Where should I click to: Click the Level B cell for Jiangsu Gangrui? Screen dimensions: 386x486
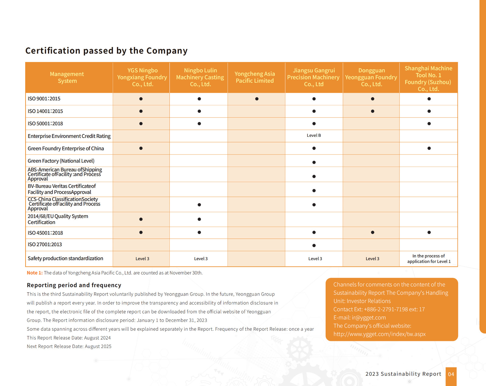(x=314, y=136)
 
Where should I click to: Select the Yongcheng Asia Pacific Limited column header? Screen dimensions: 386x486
(x=255, y=78)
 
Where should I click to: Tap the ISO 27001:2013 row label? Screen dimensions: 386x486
(x=45, y=245)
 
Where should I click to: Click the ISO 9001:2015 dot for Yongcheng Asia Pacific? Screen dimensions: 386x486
(x=257, y=99)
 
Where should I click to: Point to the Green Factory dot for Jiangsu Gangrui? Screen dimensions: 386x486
(x=314, y=162)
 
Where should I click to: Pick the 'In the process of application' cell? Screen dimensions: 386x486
(x=429, y=259)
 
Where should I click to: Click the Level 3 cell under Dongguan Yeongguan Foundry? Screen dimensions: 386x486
(x=372, y=259)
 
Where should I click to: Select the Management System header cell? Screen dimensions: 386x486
(x=67, y=78)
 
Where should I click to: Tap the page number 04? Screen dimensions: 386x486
(x=451, y=374)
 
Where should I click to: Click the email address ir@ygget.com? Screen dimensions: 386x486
(x=369, y=318)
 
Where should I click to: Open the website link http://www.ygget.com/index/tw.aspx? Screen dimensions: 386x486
(x=379, y=334)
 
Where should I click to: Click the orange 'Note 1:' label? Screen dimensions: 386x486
(x=35, y=273)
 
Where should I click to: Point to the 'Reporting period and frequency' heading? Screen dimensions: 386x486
(x=74, y=285)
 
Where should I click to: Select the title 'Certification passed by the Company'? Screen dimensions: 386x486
(x=106, y=50)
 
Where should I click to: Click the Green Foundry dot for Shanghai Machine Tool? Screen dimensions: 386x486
(x=429, y=148)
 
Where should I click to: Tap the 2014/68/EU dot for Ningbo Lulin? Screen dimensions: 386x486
(x=199, y=219)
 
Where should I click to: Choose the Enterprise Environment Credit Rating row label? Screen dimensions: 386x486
(x=69, y=136)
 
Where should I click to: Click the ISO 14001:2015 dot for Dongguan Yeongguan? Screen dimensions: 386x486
(x=372, y=111)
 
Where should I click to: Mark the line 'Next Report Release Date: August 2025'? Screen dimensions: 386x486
(x=69, y=346)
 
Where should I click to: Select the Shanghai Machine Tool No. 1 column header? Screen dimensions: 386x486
(x=428, y=78)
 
